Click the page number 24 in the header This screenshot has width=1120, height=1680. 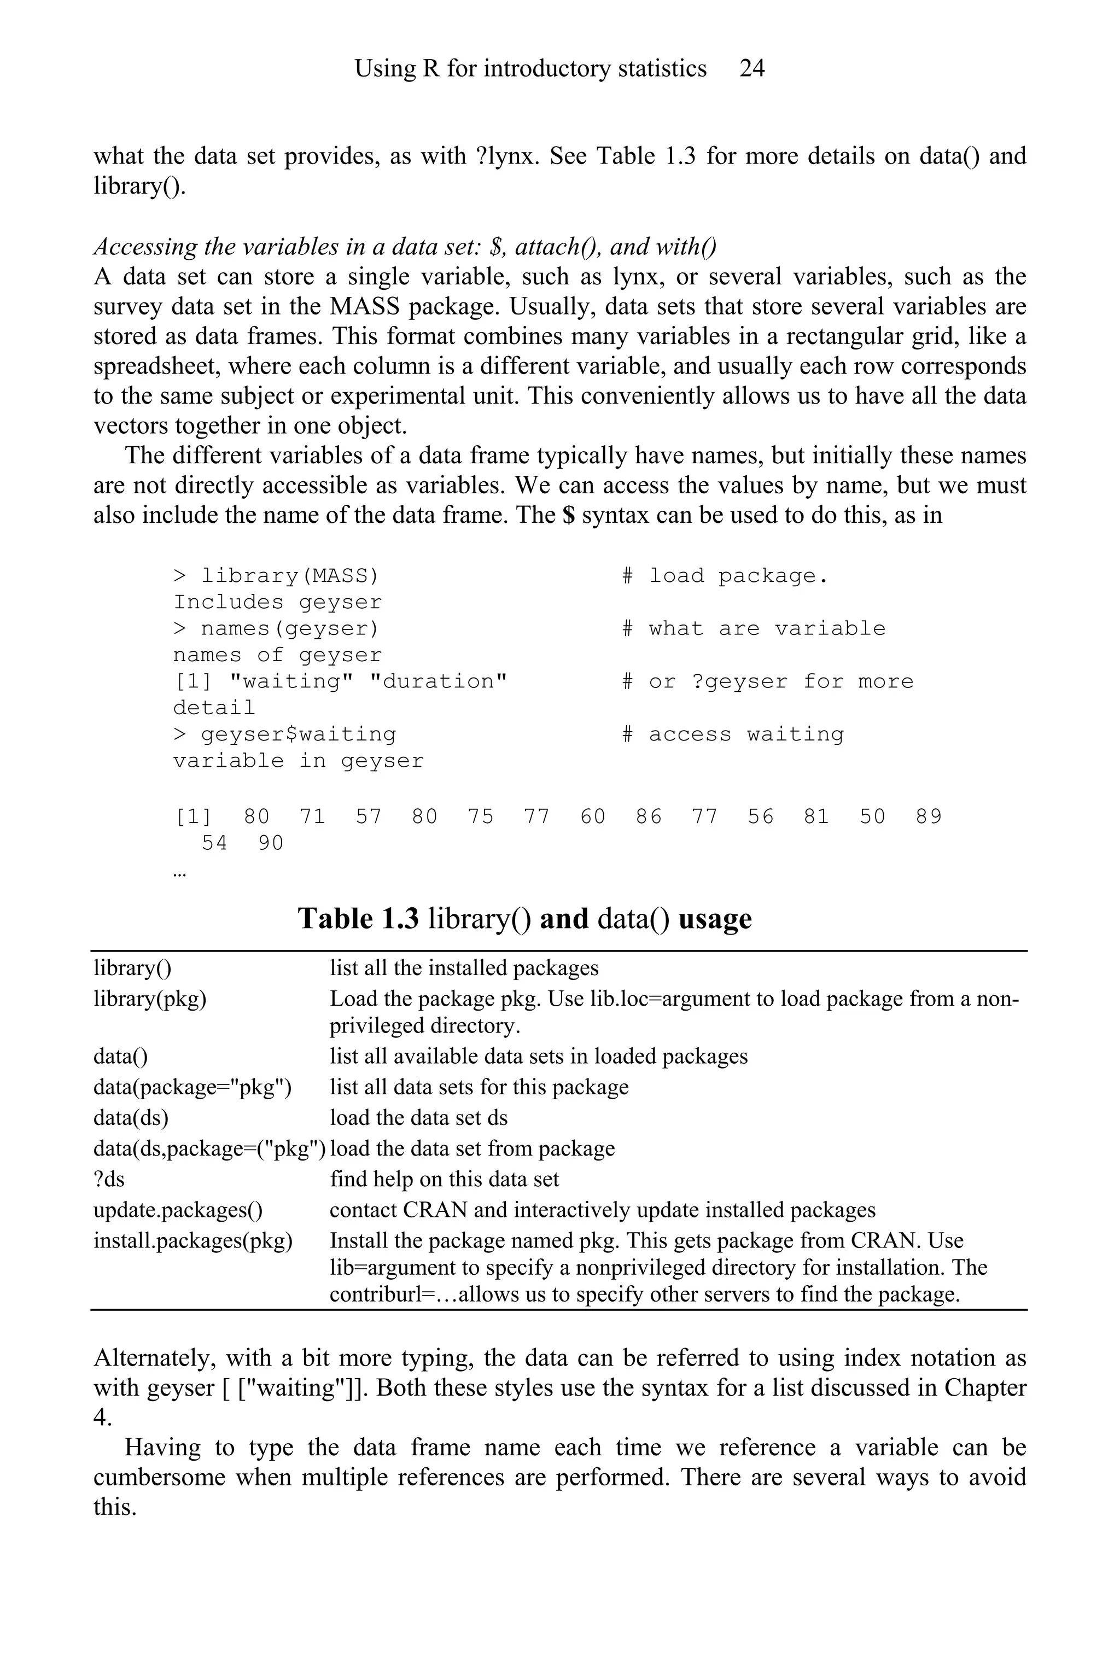[751, 68]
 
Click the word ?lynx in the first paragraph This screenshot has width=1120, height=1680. [506, 156]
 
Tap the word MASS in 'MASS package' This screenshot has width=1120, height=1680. [355, 306]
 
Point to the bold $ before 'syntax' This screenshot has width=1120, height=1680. [569, 515]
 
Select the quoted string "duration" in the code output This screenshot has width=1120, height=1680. [438, 681]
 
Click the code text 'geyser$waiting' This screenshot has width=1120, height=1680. [298, 734]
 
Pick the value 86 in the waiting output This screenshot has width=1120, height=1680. [649, 816]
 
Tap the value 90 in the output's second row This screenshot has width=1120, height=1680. [271, 844]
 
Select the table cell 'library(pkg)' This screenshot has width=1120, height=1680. [149, 999]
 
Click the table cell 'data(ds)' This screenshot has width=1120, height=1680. [131, 1118]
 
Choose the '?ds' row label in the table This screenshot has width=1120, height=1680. [109, 1179]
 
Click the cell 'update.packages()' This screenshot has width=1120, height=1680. [178, 1210]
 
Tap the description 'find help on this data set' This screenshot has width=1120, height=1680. [444, 1179]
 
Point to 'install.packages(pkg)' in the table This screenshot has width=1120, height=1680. [193, 1241]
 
